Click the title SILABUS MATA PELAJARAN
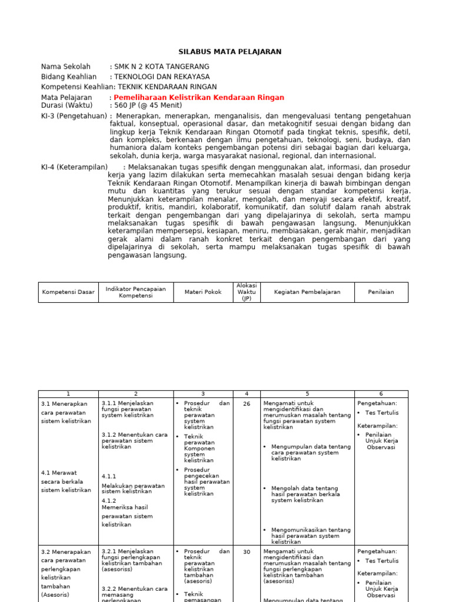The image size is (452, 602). [x=230, y=52]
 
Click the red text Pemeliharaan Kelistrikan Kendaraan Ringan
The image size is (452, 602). [x=199, y=98]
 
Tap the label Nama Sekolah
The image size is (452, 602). [x=66, y=67]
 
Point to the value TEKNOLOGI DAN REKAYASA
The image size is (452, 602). [x=162, y=77]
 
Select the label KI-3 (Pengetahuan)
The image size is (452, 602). [x=74, y=116]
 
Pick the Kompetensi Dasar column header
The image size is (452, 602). [x=68, y=292]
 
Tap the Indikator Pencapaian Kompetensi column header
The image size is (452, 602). [x=135, y=292]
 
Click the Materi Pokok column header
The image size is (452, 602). [x=203, y=292]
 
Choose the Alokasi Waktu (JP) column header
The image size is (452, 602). [x=247, y=292]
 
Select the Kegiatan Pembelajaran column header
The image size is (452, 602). [x=307, y=292]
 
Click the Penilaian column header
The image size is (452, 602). [x=381, y=292]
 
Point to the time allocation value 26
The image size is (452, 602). [x=247, y=404]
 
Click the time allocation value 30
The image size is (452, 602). [x=247, y=552]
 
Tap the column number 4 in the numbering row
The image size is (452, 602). [x=247, y=394]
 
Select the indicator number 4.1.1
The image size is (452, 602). [x=109, y=477]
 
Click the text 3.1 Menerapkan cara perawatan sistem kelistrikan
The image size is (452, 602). [x=66, y=412]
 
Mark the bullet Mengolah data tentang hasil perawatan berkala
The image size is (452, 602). [x=305, y=494]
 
